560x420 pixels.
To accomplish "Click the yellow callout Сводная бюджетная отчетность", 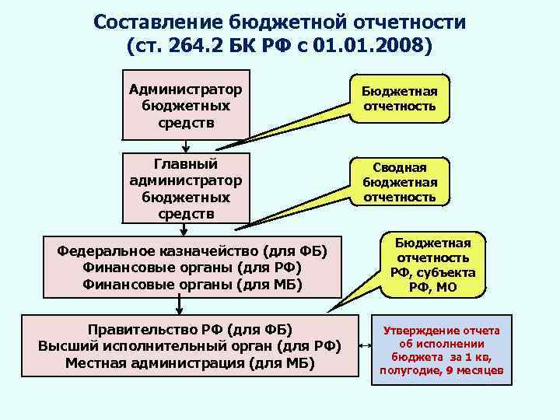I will point(399,182).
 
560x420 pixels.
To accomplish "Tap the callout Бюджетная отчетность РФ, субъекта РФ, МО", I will point(432,264).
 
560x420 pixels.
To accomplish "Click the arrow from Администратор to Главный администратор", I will point(185,146).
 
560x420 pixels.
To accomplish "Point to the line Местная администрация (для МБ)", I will point(190,362).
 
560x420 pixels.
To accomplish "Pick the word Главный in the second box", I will point(185,164).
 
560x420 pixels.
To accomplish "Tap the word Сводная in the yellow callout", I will point(399,167).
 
